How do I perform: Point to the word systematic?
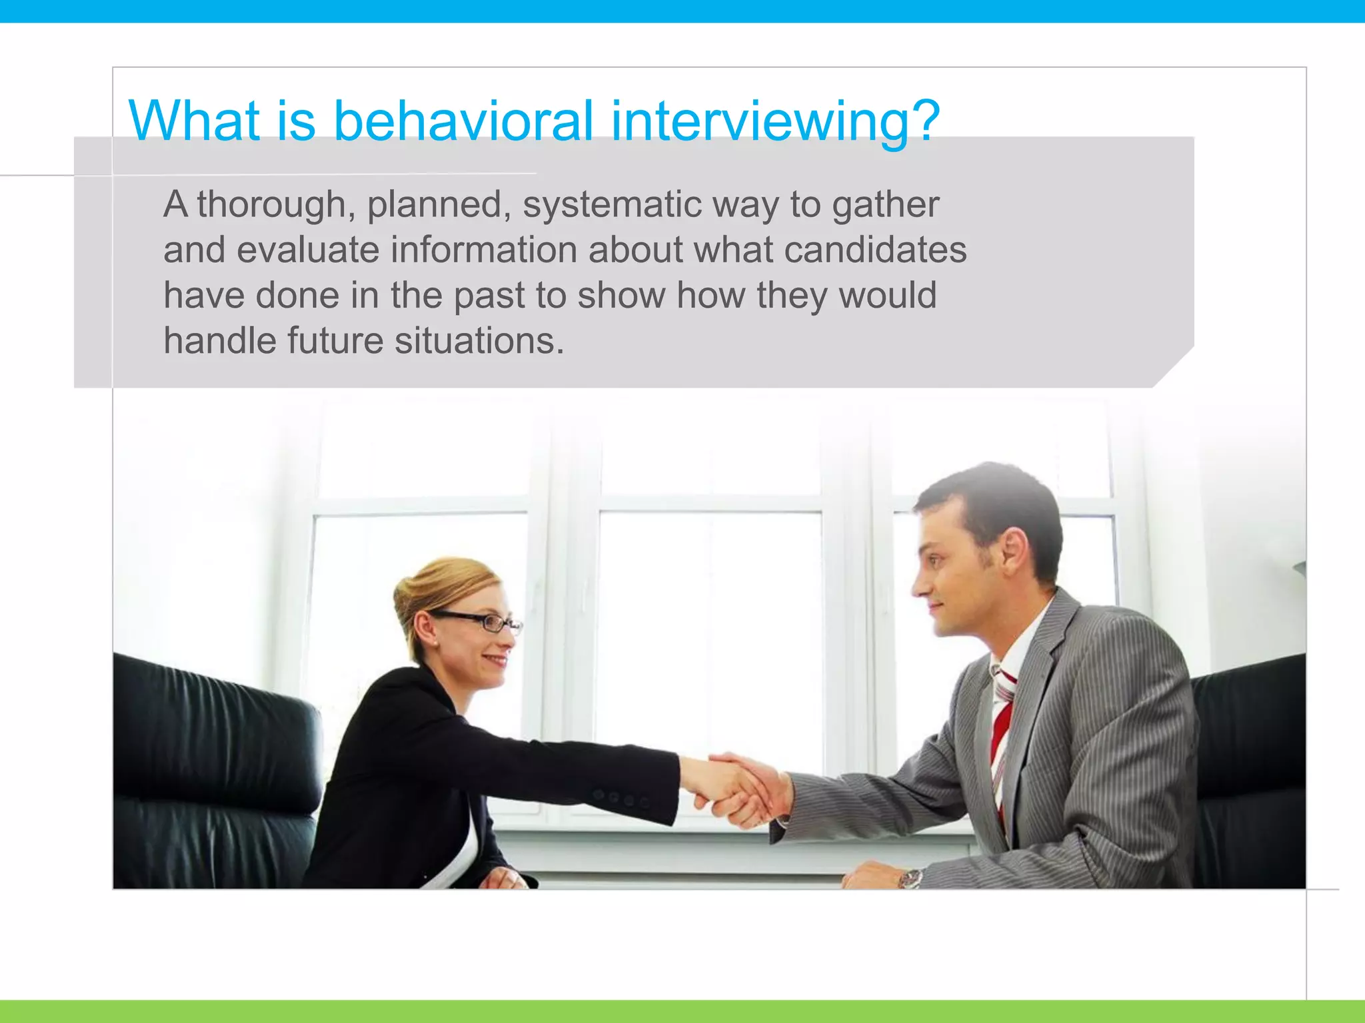click(x=611, y=204)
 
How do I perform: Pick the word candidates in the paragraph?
click(x=875, y=250)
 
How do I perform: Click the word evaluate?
click(x=307, y=250)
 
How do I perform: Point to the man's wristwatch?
click(x=910, y=879)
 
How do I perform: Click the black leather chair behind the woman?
click(x=213, y=766)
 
